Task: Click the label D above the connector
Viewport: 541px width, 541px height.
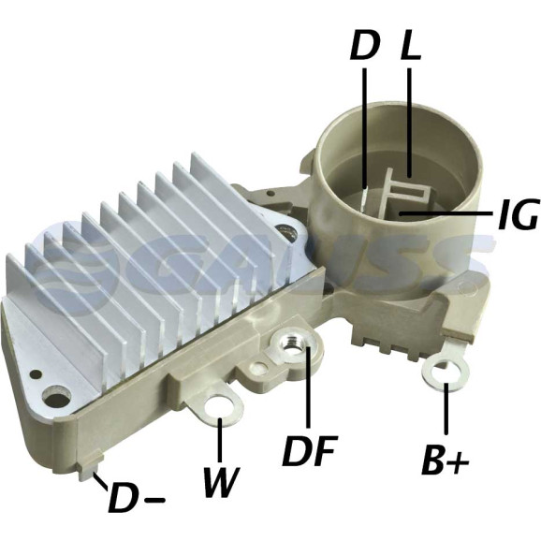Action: (365, 46)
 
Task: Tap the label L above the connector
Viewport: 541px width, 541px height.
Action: (410, 46)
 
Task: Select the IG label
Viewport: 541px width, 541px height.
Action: (518, 214)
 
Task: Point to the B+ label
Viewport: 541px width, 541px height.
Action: (446, 461)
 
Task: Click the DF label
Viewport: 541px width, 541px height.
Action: (309, 450)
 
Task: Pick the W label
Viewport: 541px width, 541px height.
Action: (221, 482)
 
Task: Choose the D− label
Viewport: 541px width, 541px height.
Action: (136, 500)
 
